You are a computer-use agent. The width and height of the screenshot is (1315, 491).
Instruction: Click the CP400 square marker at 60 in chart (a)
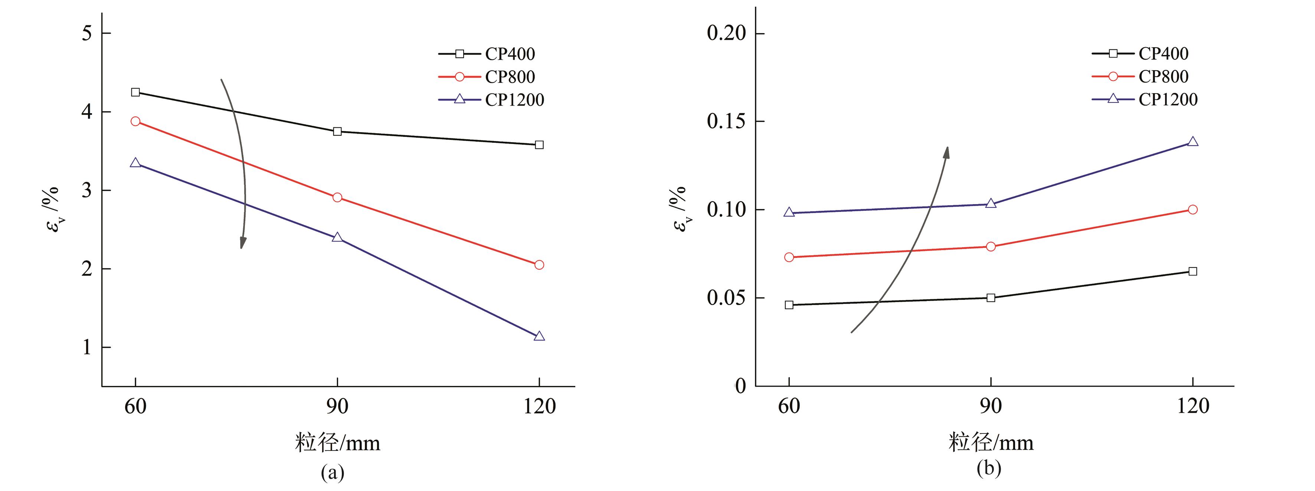point(135,92)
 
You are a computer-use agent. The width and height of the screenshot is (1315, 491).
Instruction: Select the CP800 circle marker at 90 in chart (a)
point(337,197)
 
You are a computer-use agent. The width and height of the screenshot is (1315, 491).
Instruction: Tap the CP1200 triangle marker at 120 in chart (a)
point(539,336)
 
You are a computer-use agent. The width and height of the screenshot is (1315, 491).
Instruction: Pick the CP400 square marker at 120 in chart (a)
point(539,145)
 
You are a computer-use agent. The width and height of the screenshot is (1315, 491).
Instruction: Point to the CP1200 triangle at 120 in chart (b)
point(1193,142)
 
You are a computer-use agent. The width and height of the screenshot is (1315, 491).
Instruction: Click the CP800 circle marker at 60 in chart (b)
point(789,257)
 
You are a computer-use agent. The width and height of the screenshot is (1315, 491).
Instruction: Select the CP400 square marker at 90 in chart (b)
point(991,298)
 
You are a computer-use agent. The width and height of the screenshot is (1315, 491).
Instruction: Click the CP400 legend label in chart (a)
point(510,53)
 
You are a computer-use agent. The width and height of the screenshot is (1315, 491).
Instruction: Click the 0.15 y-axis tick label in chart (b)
point(726,121)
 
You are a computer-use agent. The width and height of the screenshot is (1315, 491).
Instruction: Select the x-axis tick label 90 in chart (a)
point(337,407)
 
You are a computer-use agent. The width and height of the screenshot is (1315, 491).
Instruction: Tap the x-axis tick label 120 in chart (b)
point(1193,407)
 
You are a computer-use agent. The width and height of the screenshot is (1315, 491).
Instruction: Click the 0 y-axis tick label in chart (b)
point(740,386)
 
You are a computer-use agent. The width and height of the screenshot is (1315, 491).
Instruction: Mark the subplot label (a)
point(332,472)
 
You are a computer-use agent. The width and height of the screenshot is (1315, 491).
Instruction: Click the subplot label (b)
point(988,468)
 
